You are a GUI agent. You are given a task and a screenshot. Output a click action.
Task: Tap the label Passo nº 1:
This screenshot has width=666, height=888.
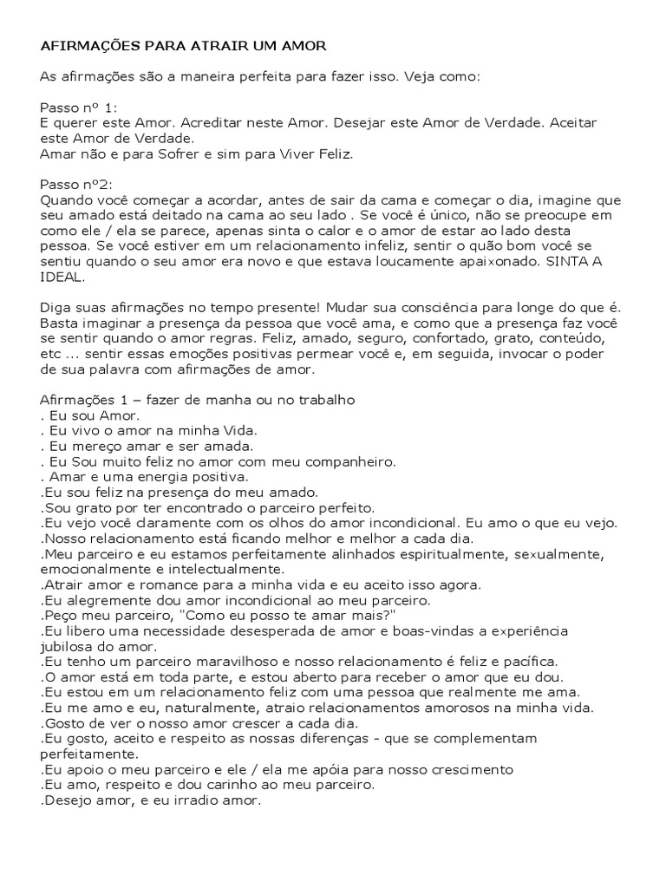pyautogui.click(x=77, y=108)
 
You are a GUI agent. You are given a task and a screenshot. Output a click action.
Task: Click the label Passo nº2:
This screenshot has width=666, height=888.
pyautogui.click(x=75, y=186)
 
